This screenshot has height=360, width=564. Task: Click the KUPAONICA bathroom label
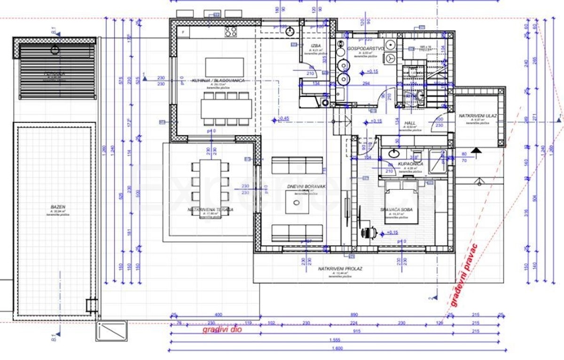click(x=410, y=164)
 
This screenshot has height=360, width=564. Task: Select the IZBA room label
click(x=315, y=46)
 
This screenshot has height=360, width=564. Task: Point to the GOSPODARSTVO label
click(x=366, y=48)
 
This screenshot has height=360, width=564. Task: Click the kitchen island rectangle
click(x=224, y=68)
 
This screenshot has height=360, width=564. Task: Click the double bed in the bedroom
click(x=402, y=202)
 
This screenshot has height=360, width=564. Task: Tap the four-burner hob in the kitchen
click(x=230, y=32)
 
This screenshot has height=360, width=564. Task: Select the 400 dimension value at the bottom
click(x=218, y=314)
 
